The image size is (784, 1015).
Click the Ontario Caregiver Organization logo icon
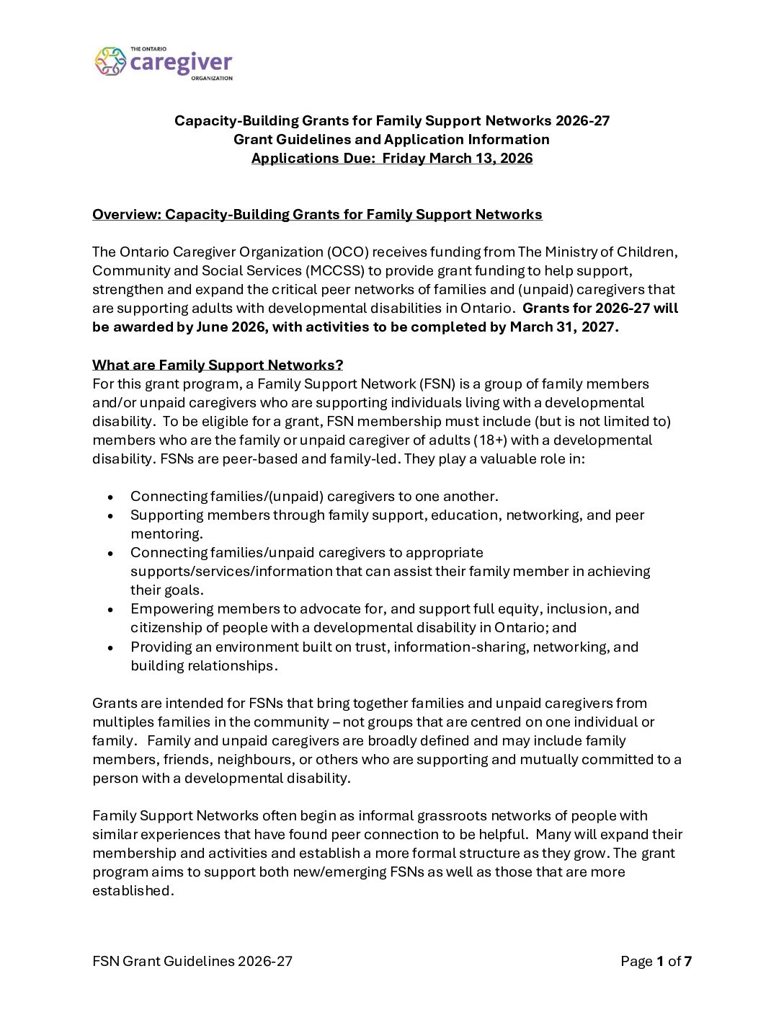(x=110, y=62)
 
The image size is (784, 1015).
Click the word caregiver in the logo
(x=181, y=63)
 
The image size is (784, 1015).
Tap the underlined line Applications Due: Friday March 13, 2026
(x=392, y=159)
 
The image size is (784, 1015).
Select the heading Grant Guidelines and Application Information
(x=391, y=140)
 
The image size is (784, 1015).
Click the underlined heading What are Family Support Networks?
(x=218, y=365)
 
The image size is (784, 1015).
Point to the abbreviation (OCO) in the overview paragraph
(x=347, y=252)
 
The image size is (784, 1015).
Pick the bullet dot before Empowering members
(x=110, y=610)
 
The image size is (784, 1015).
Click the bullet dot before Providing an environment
(x=110, y=647)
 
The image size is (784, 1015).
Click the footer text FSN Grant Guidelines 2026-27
(x=192, y=962)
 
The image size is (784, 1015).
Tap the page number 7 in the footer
(x=688, y=962)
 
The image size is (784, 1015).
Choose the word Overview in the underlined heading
(x=126, y=215)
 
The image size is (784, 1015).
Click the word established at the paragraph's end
(x=132, y=891)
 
